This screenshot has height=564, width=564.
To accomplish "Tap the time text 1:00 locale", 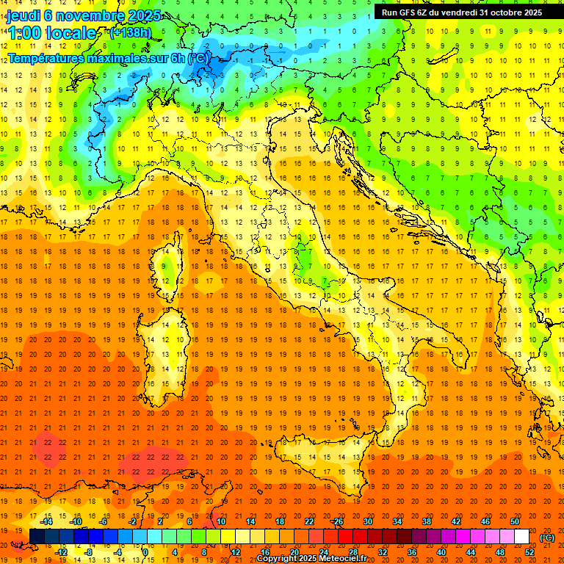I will tap(51, 33).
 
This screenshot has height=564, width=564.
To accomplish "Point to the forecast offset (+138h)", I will tap(130, 32).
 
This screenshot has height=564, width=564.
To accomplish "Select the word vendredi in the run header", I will tap(459, 12).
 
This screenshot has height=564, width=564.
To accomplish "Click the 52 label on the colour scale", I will tap(529, 552).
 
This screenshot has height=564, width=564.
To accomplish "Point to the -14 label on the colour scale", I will tap(47, 521).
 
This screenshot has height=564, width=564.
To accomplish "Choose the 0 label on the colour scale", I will tap(145, 552).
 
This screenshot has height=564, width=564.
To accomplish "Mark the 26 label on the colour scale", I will tap(338, 521).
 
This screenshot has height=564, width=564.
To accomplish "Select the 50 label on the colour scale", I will tap(514, 521).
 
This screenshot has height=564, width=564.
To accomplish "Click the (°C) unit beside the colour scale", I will tap(546, 538).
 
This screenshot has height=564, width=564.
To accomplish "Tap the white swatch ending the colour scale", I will tap(521, 537).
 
